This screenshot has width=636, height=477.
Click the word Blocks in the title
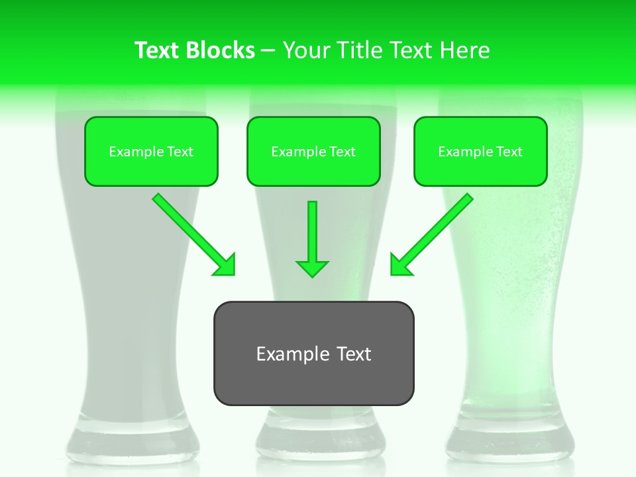point(221,50)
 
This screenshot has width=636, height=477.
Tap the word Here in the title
point(466,50)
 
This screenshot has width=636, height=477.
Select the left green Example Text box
point(151,151)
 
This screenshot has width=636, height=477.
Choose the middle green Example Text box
point(313,151)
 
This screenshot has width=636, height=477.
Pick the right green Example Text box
point(480,151)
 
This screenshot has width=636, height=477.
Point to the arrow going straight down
point(312,238)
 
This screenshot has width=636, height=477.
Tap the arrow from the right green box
point(431,235)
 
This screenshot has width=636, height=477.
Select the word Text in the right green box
point(509,152)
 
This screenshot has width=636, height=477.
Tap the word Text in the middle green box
point(343,152)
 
